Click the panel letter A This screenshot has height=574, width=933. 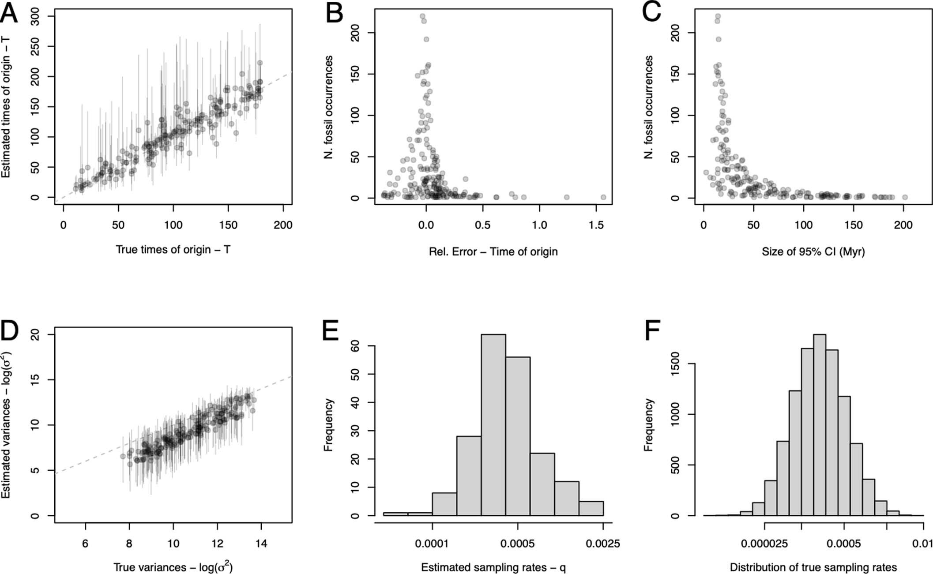click(10, 14)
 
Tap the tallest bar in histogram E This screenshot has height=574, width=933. click(493, 424)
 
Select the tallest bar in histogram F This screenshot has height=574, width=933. click(819, 424)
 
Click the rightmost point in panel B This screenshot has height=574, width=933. click(603, 197)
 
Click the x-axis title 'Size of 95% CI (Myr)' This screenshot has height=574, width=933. click(813, 252)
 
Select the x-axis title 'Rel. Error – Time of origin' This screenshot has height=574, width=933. click(493, 252)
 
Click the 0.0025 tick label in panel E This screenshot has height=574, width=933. click(603, 544)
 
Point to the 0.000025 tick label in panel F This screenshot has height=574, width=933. click(764, 544)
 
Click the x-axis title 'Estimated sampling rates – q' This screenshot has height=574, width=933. click(493, 567)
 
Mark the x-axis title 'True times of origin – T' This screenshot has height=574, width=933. click(173, 250)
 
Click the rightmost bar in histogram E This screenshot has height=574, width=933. click(591, 508)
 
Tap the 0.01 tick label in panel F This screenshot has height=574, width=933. click(922, 544)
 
